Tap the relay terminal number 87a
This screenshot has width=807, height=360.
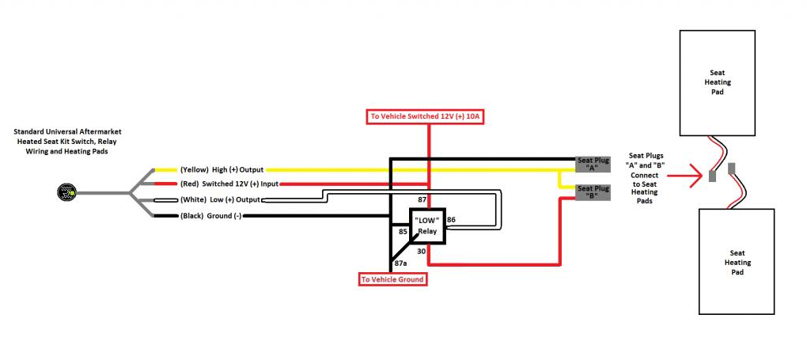click(x=401, y=263)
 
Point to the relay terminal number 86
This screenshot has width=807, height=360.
click(x=451, y=219)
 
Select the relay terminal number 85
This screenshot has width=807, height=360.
click(x=403, y=232)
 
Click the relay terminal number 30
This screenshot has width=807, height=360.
click(x=421, y=252)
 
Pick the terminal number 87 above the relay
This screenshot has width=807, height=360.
click(x=421, y=199)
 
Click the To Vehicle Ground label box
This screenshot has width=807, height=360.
click(x=392, y=279)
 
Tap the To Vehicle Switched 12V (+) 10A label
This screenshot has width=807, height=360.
click(x=426, y=116)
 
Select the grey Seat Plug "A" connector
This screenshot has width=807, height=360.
click(x=593, y=164)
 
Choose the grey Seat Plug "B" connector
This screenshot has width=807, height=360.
click(x=593, y=192)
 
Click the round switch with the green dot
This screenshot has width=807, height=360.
click(x=66, y=192)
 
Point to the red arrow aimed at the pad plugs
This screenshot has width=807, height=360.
click(x=684, y=176)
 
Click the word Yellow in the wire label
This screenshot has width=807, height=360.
click(x=192, y=169)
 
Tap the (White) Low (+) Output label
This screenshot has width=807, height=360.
click(x=220, y=200)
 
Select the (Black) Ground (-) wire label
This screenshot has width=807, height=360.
click(x=210, y=216)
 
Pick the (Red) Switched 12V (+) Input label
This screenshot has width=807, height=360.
click(x=229, y=184)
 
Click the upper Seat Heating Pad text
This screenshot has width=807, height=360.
click(x=717, y=82)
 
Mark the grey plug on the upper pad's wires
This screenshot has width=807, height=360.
click(x=712, y=176)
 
